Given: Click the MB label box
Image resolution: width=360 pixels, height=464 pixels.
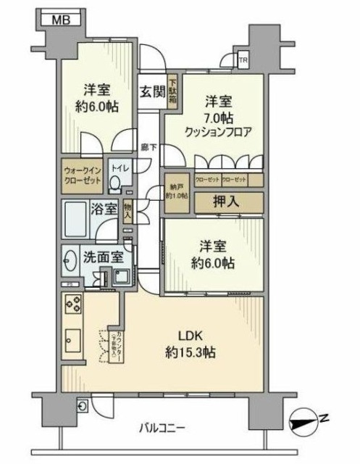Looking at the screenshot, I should click(59, 20).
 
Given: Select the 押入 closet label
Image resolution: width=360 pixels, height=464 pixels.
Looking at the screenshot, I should click(227, 201).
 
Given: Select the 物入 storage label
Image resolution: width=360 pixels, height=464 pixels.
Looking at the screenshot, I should click(128, 212).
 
